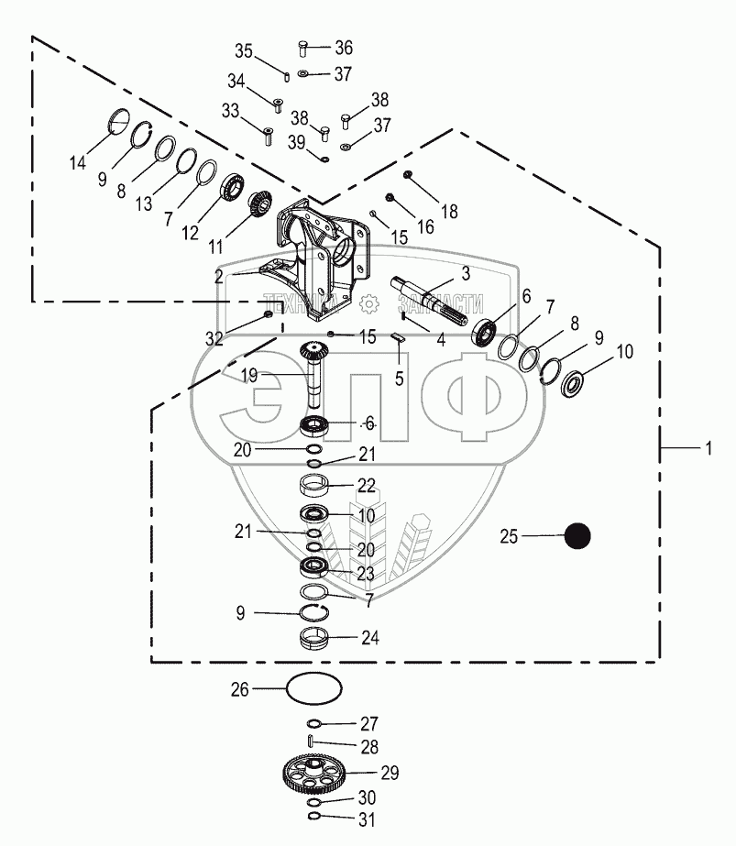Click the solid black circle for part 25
tap(577, 536)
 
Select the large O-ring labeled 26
tap(313, 687)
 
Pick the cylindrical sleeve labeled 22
tap(314, 484)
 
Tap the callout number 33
tap(231, 111)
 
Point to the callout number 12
tap(190, 233)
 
